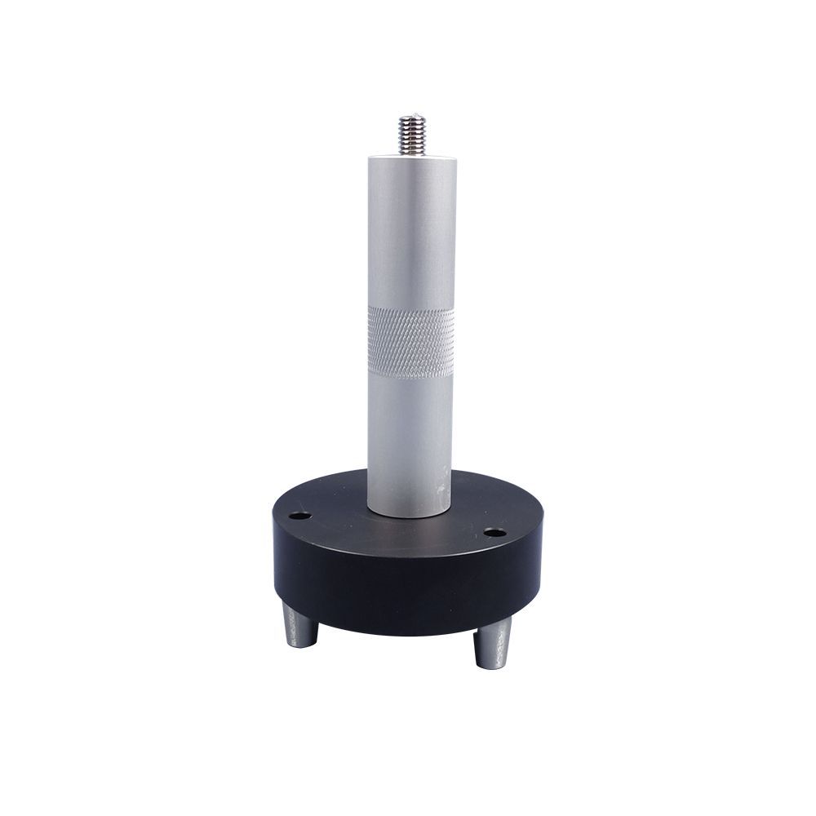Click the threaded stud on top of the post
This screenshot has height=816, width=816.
411,135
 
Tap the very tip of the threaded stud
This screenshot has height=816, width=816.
411,118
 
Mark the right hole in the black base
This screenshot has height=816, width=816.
491,533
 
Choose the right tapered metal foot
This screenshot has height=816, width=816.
493,645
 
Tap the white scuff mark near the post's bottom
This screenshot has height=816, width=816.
441,490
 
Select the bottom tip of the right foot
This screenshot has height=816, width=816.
492,666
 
